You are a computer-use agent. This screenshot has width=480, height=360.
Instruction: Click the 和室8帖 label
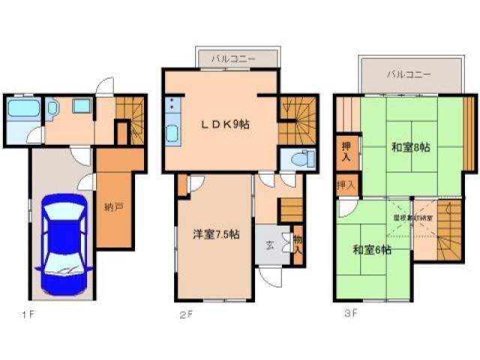(x=411, y=148)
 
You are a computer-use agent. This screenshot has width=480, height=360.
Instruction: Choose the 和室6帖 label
(x=372, y=250)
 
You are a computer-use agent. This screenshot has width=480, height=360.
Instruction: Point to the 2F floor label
(x=186, y=314)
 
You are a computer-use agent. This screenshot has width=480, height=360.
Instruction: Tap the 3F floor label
(x=350, y=314)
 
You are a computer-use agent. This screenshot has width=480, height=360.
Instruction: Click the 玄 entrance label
(x=269, y=246)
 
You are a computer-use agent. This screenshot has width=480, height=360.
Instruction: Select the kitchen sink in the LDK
(x=171, y=136)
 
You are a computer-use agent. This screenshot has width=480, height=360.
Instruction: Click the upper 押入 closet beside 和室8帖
(x=346, y=151)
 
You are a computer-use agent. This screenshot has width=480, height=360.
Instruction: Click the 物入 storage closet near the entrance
(x=297, y=244)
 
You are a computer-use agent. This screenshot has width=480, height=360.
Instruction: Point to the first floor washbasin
(x=81, y=106)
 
